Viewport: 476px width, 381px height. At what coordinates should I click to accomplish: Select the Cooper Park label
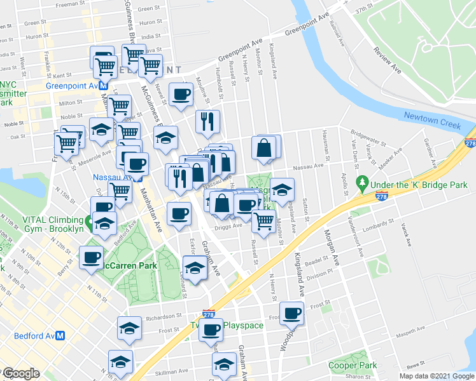(353, 365)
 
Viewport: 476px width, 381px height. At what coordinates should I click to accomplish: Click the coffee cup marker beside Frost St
(293, 313)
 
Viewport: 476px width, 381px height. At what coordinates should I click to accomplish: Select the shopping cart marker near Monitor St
(263, 222)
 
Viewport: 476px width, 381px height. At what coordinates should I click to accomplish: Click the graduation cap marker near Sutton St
(282, 189)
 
